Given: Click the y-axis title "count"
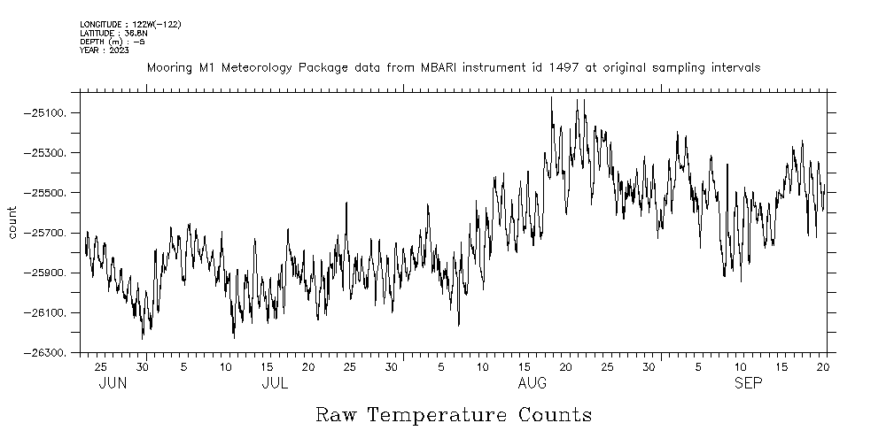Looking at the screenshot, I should pyautogui.click(x=12, y=222).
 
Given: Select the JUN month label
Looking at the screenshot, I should pyautogui.click(x=113, y=383).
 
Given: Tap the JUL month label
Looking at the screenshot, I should pyautogui.click(x=276, y=383).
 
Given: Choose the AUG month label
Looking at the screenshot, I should pyautogui.click(x=532, y=383).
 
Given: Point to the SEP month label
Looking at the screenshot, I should pyautogui.click(x=748, y=383).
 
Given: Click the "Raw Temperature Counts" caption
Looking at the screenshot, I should pyautogui.click(x=454, y=414).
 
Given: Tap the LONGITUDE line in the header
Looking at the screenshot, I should pyautogui.click(x=130, y=25).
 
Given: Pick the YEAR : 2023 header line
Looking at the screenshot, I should pyautogui.click(x=104, y=50).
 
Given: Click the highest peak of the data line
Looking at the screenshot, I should pyautogui.click(x=551, y=96).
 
